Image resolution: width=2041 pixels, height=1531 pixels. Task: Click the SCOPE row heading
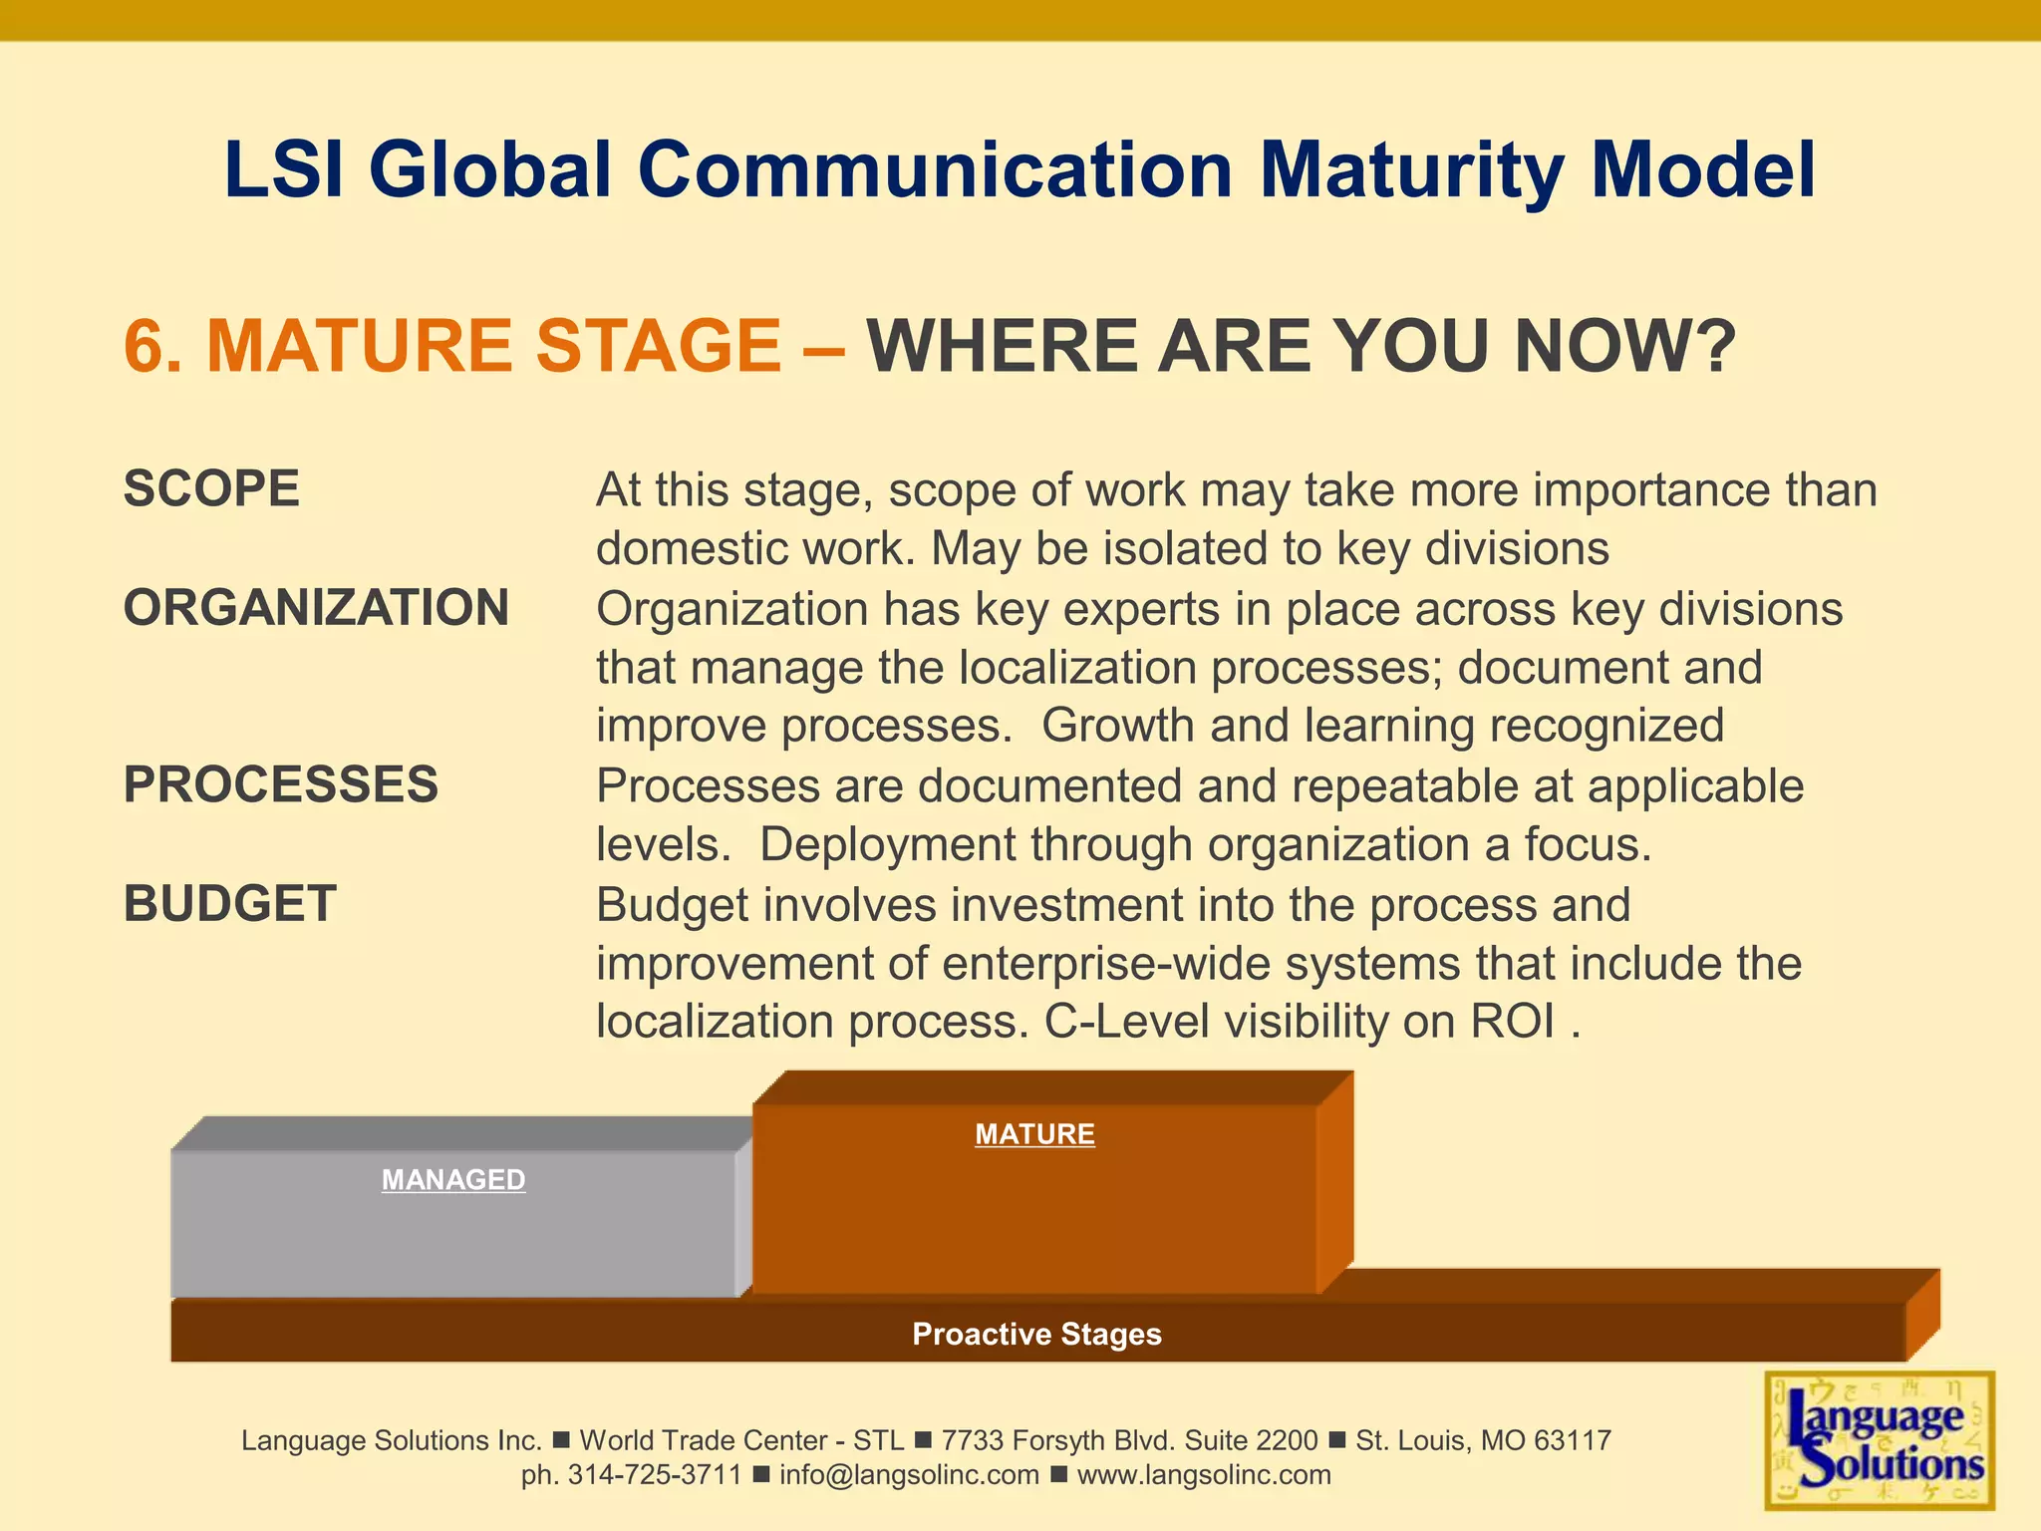pos(211,489)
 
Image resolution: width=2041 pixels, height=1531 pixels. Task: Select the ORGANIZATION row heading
pos(316,608)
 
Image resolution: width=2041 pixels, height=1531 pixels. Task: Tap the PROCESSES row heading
pos(280,785)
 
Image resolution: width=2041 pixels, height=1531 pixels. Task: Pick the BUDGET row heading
pos(229,904)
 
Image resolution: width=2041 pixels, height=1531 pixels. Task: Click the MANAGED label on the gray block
pos(453,1180)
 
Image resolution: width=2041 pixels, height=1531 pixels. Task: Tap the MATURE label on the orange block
pos(1034,1134)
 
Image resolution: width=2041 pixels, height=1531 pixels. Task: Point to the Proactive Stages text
pos(1036,1334)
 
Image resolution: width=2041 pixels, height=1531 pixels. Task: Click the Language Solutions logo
pos(1880,1440)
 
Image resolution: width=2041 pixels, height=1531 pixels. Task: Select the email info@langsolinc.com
pos(909,1475)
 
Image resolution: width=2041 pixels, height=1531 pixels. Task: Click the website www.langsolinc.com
pos(1204,1475)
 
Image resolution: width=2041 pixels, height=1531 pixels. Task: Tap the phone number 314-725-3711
pos(655,1475)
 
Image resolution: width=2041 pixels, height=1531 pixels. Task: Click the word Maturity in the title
pos(1412,169)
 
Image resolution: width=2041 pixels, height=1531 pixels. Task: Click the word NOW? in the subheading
pos(1625,347)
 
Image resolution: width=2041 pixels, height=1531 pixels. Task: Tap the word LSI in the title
pos(284,169)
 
